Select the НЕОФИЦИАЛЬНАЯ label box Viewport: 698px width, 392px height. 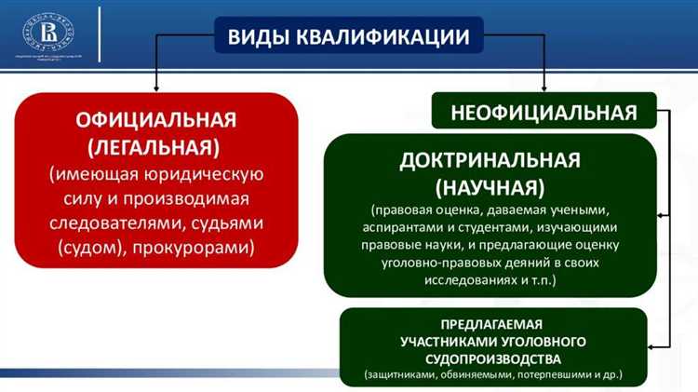[x=544, y=113]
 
